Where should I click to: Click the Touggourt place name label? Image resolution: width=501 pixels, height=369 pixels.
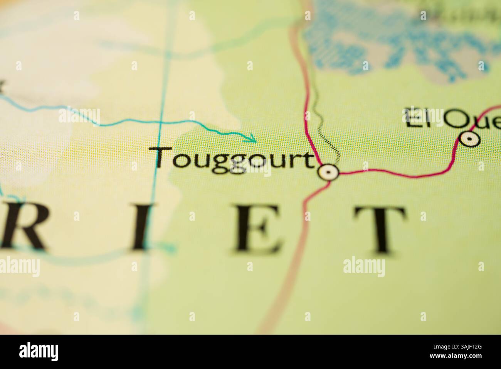[234, 159]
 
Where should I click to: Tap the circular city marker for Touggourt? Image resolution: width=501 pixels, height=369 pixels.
[329, 172]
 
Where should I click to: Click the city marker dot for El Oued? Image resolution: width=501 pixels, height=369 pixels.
[469, 139]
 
